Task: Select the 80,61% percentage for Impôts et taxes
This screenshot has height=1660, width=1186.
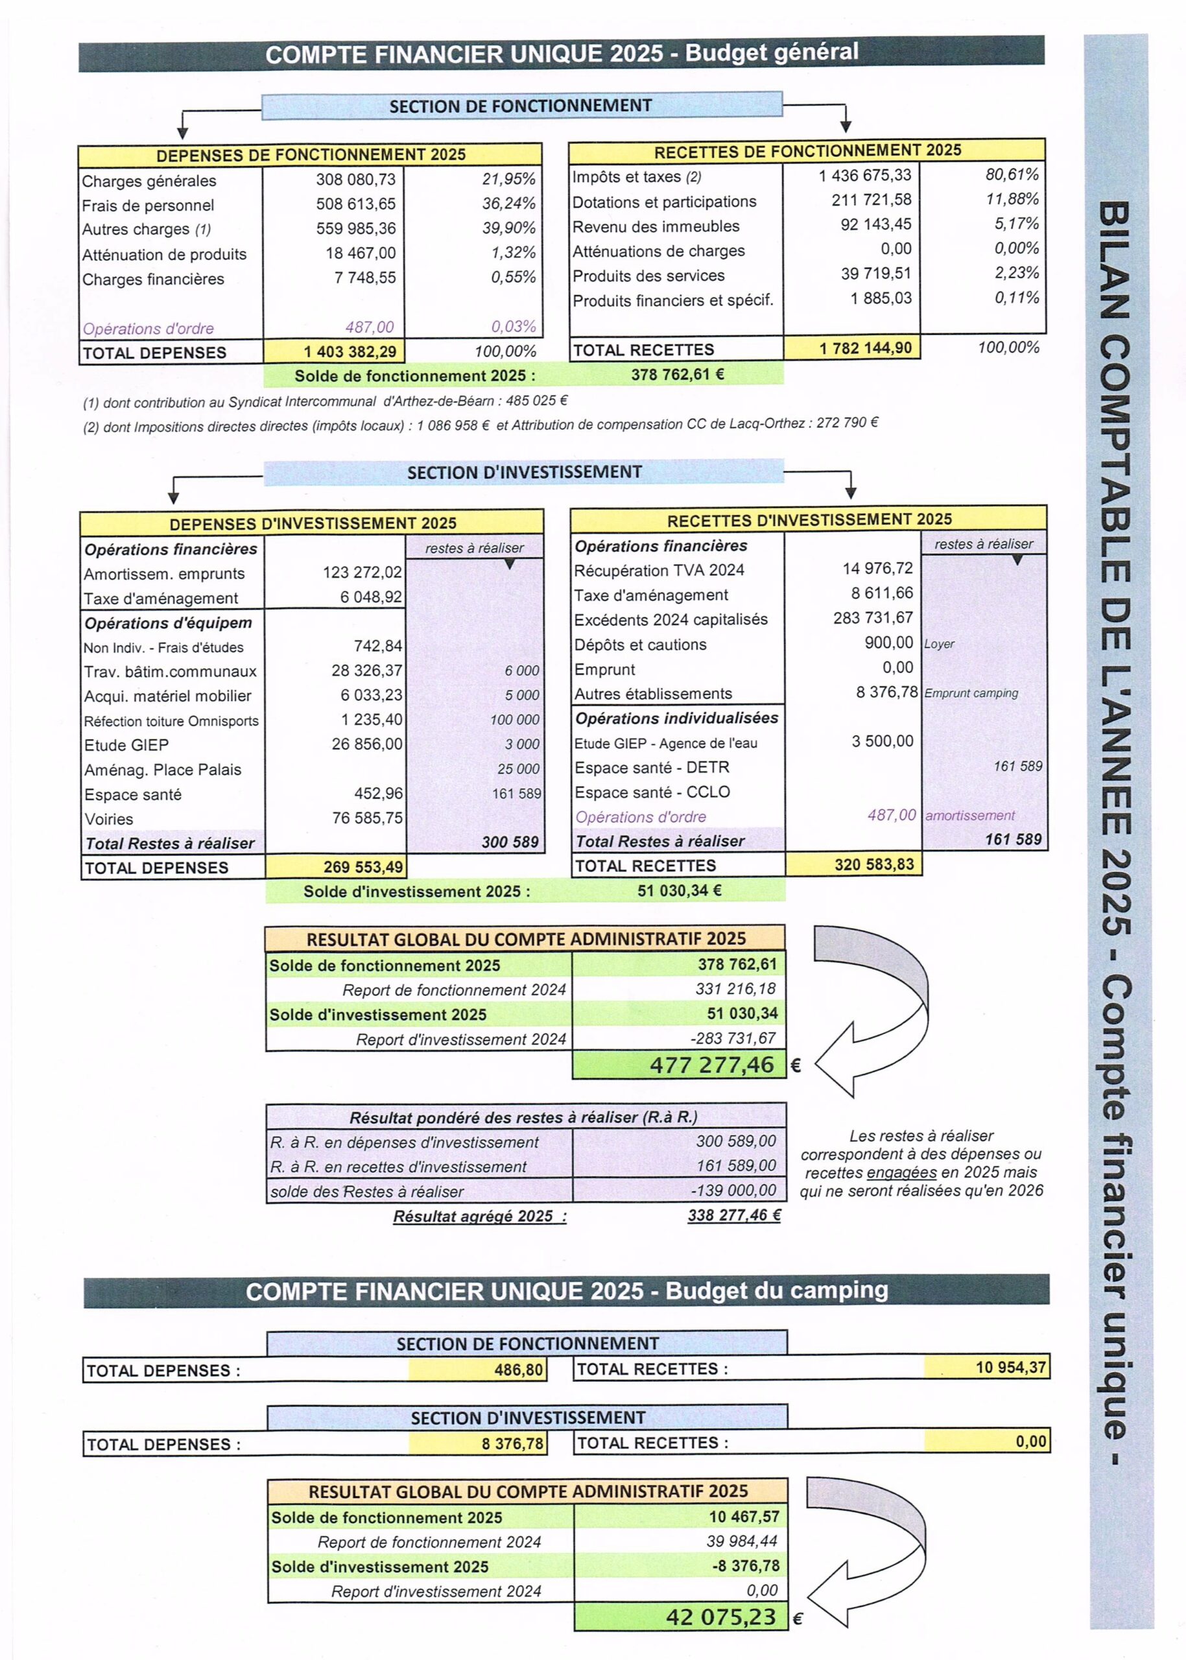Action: tap(1012, 174)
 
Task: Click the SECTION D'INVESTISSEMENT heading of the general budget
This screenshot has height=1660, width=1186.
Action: tap(524, 473)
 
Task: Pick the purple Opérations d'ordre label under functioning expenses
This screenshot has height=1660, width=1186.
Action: tap(148, 329)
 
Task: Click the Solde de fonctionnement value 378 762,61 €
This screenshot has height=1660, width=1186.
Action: tap(677, 375)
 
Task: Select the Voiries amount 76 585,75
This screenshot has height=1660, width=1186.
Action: tap(366, 818)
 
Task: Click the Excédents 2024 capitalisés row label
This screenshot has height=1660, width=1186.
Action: tap(670, 619)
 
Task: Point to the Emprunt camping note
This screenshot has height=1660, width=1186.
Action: tap(971, 693)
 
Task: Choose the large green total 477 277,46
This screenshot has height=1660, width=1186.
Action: tap(711, 1065)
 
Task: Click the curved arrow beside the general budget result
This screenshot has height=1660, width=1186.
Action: tap(873, 1012)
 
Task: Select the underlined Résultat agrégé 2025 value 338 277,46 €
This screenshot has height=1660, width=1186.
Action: tap(734, 1215)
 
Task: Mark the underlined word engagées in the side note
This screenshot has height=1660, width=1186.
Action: tap(901, 1173)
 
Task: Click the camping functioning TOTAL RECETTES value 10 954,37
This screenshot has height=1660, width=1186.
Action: tap(1010, 1367)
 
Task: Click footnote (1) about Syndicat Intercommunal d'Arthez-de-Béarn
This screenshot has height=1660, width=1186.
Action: tap(325, 401)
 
